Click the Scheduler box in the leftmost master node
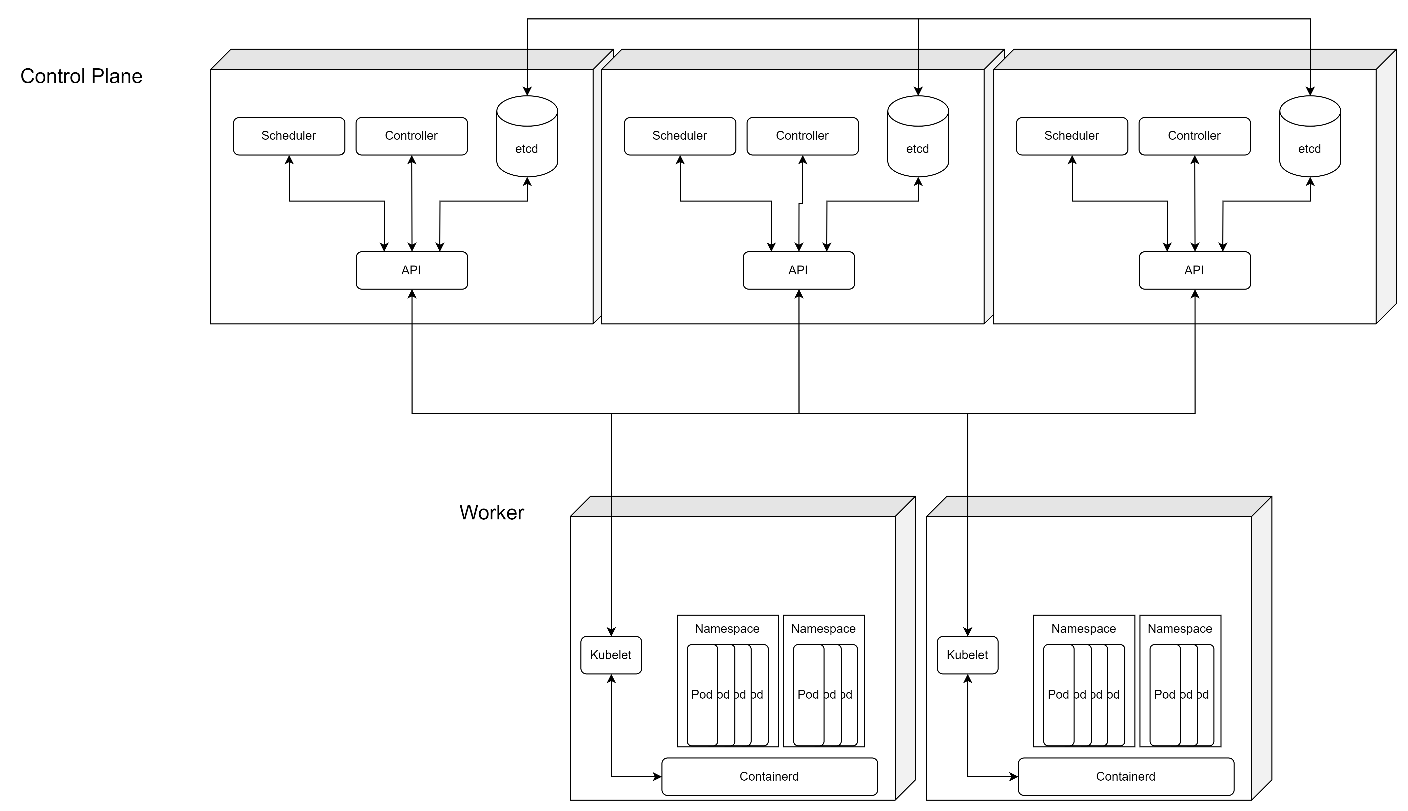pyautogui.click(x=289, y=136)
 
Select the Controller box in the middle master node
pyautogui.click(x=802, y=136)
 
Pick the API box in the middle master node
pyautogui.click(x=798, y=270)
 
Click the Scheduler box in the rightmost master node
pyautogui.click(x=1071, y=136)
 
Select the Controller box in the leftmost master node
pyautogui.click(x=411, y=136)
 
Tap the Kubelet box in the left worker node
pyautogui.click(x=611, y=655)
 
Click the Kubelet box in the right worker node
pyautogui.click(x=967, y=655)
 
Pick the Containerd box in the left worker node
pyautogui.click(x=769, y=777)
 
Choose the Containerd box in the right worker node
pyautogui.click(x=1125, y=777)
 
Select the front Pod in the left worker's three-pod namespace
pyautogui.click(x=808, y=695)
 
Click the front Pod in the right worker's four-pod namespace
pyautogui.click(x=1058, y=695)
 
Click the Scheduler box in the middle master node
pyautogui.click(x=680, y=136)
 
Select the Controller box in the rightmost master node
pyautogui.click(x=1194, y=136)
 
